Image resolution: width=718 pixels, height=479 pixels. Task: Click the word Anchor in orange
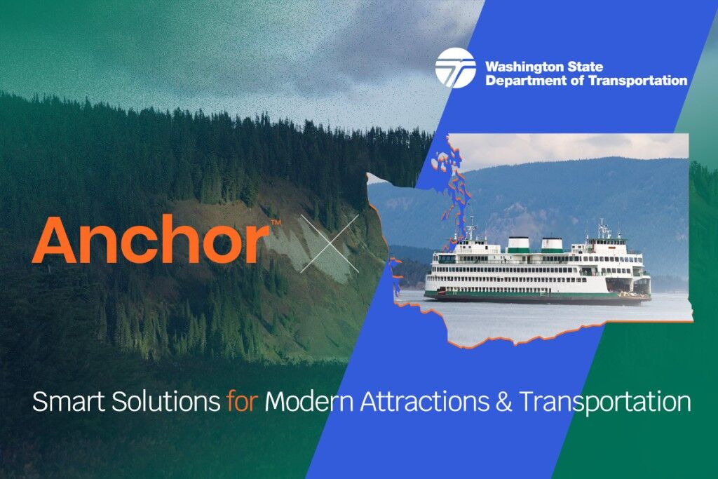pos(150,241)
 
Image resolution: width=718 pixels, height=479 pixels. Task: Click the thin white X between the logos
pos(330,243)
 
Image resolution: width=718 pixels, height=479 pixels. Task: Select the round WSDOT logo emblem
pos(455,67)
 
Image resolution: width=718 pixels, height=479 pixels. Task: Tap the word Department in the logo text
pos(520,81)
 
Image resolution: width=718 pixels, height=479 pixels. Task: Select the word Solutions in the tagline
pos(163,403)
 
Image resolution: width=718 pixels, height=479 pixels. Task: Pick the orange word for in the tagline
pos(243,403)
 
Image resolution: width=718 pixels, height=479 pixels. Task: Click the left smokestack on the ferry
pos(518,244)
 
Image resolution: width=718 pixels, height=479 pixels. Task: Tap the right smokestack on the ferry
pos(552,244)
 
